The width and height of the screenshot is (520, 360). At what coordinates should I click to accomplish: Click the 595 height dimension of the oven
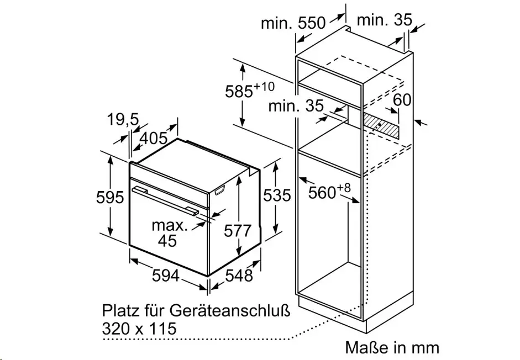tap(110, 198)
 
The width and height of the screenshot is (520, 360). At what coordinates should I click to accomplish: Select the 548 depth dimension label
tap(239, 275)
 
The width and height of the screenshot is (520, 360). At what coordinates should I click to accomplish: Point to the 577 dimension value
tap(238, 231)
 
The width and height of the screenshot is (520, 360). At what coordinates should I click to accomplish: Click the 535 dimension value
tap(277, 195)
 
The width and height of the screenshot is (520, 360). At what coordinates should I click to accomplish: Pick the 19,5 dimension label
tap(123, 119)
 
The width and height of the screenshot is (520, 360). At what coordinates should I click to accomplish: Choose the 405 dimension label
tap(154, 138)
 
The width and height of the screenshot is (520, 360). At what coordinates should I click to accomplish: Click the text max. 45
tap(169, 233)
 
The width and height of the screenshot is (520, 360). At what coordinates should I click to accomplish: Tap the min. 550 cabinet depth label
tap(293, 23)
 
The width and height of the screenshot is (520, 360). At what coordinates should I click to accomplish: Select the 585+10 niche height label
tap(250, 90)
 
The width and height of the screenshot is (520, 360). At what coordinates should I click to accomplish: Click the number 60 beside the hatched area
tap(402, 100)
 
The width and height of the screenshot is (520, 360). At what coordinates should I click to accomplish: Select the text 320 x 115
tap(139, 329)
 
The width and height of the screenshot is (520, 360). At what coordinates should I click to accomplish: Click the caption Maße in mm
tap(392, 348)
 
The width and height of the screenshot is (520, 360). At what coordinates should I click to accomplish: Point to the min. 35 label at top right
tap(385, 20)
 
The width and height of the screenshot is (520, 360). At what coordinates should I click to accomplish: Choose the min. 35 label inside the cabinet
tap(296, 106)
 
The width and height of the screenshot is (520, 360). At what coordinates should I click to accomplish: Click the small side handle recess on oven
tap(220, 190)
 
